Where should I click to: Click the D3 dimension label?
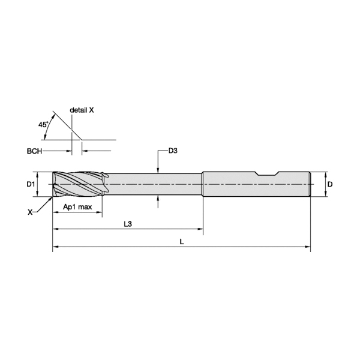tap(173, 151)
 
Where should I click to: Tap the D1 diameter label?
tap(31, 184)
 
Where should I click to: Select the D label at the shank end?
tap(329, 184)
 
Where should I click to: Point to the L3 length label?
tap(128, 224)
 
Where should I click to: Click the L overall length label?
tap(182, 242)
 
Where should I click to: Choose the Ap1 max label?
tap(77, 207)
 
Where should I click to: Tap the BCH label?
tap(34, 151)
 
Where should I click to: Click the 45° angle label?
tap(43, 125)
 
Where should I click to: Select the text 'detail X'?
tap(82, 110)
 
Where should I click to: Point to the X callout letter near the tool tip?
tap(30, 212)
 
